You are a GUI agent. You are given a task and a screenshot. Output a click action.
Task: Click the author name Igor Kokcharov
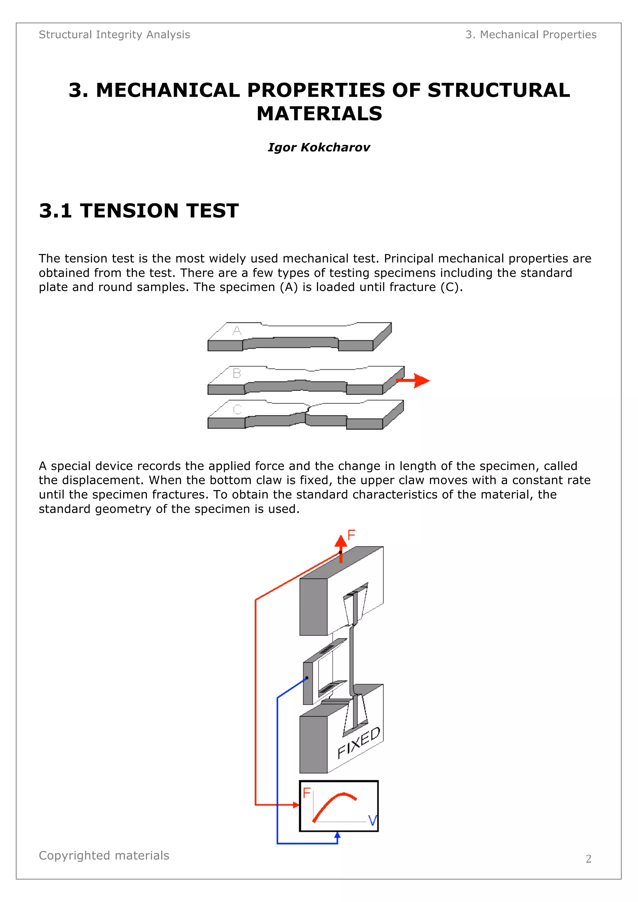[318, 147]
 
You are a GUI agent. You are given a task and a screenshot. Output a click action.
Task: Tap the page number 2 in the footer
[588, 859]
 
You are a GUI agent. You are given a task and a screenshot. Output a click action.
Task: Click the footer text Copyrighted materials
[104, 855]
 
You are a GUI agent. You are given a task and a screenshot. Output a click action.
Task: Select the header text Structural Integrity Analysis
[114, 35]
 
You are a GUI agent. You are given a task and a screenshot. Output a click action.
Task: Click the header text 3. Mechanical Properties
[531, 35]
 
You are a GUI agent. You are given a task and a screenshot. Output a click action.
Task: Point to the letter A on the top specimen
[237, 330]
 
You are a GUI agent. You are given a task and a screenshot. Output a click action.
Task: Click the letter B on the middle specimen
[237, 373]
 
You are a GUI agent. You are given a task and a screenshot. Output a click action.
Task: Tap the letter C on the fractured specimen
[237, 409]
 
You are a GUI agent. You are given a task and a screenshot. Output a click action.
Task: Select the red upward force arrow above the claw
[341, 546]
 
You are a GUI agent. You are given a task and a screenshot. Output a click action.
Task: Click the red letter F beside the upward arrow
[351, 535]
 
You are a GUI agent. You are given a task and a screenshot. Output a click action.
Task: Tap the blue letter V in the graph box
[372, 821]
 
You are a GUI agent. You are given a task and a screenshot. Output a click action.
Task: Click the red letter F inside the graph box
[307, 793]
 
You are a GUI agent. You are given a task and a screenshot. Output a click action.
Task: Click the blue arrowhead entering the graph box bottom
[337, 836]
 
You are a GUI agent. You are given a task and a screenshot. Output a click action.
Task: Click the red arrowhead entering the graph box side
[296, 805]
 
